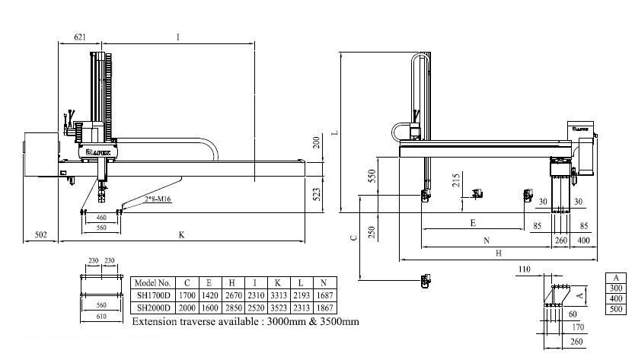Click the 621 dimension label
tap(79, 37)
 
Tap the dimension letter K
tap(181, 234)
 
